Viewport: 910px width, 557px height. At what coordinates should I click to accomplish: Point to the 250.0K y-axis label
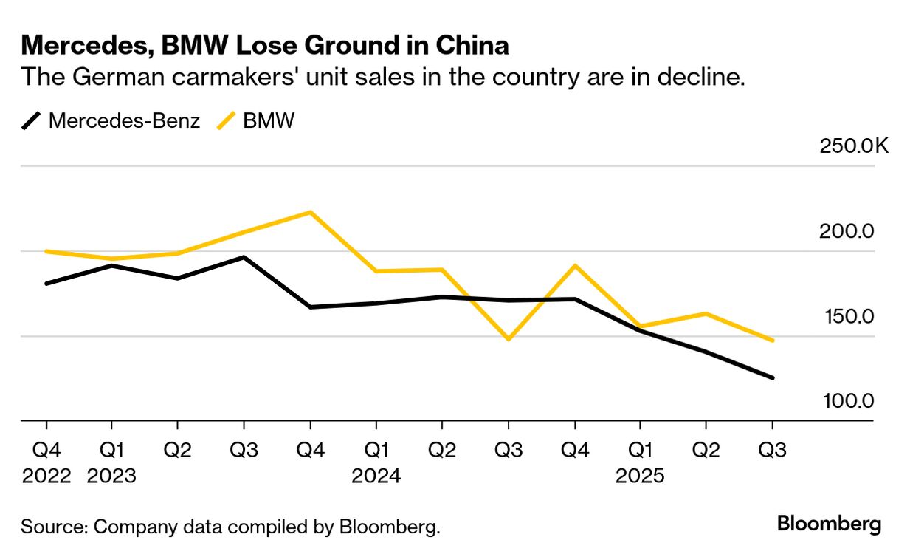pos(854,145)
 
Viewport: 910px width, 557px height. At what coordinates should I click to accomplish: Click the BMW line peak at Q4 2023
pos(310,212)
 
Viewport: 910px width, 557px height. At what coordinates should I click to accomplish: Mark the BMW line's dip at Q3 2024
pos(508,339)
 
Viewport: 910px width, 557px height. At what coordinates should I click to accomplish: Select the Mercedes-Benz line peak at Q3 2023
pos(244,257)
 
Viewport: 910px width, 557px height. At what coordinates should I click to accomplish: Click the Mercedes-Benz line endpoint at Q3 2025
pos(772,377)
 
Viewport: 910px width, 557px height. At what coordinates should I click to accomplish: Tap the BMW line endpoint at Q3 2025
pos(772,341)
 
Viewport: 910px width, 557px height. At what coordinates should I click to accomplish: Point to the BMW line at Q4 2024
pos(574,265)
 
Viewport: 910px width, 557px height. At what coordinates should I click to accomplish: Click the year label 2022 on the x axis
pos(46,476)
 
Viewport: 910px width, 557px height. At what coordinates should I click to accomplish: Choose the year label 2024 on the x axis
pos(376,476)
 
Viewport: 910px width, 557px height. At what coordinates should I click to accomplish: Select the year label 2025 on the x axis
pos(640,476)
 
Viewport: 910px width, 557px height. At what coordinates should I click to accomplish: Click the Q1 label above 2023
pos(111,450)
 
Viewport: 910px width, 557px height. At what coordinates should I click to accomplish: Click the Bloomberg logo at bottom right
pos(829,524)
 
